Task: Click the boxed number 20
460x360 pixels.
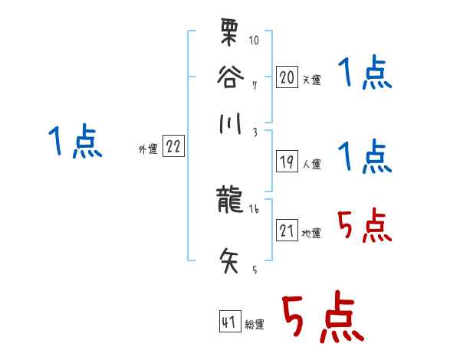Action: [286, 77]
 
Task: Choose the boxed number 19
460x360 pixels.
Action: [286, 162]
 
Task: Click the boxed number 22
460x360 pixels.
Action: [173, 147]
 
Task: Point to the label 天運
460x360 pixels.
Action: [311, 80]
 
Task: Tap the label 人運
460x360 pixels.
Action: [311, 164]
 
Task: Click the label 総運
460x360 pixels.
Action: [255, 325]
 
